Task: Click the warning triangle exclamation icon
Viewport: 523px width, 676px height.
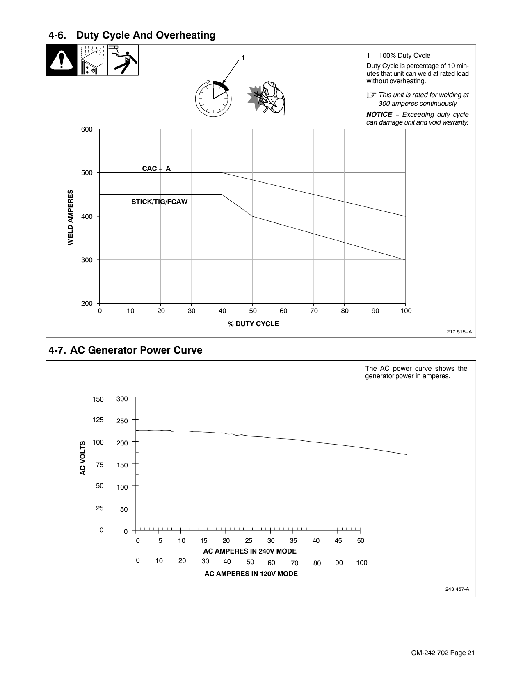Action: click(x=61, y=60)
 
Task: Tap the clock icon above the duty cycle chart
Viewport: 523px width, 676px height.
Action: click(x=213, y=99)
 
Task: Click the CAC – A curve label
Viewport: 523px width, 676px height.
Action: click(x=156, y=168)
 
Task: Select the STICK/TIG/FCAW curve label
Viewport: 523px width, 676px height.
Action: click(x=159, y=202)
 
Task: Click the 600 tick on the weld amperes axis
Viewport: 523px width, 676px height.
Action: click(x=87, y=129)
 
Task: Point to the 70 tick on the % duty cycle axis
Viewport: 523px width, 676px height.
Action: click(x=314, y=311)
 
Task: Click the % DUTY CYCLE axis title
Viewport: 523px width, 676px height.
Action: click(x=253, y=324)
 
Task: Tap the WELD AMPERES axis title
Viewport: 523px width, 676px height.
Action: click(x=70, y=217)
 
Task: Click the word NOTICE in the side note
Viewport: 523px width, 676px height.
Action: click(x=379, y=115)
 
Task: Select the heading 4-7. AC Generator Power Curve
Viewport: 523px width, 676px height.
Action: click(x=126, y=350)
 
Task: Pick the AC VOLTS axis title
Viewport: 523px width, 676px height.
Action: click(x=82, y=458)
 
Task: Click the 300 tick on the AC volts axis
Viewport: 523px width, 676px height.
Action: click(x=122, y=399)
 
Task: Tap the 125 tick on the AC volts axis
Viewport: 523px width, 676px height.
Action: click(x=98, y=420)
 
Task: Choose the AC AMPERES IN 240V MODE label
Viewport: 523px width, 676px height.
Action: click(x=250, y=551)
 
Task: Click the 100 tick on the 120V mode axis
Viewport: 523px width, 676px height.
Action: click(x=361, y=563)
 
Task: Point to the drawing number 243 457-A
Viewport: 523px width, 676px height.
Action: click(x=457, y=589)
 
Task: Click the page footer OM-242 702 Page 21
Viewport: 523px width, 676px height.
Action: click(x=443, y=653)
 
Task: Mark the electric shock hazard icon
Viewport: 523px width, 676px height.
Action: click(x=123, y=60)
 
